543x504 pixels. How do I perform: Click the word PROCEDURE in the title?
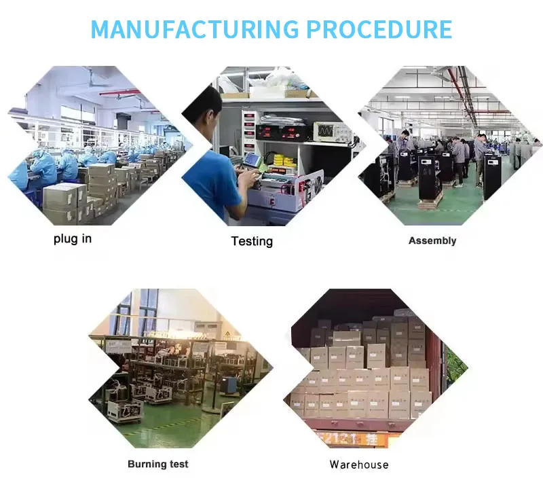coord(379,30)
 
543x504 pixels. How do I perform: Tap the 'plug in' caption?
coord(73,238)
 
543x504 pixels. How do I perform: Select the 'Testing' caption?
coord(252,241)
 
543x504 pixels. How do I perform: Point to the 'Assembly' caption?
coord(432,240)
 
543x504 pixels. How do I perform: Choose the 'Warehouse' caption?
coord(359,465)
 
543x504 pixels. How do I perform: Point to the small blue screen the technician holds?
coord(252,160)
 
